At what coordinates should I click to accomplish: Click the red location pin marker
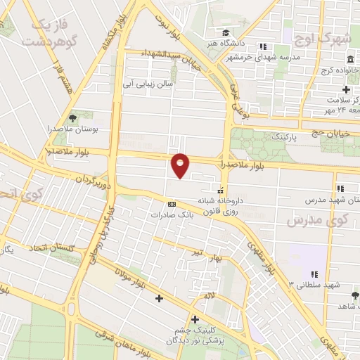pyautogui.click(x=181, y=165)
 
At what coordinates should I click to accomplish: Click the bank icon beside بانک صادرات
pyautogui.click(x=169, y=204)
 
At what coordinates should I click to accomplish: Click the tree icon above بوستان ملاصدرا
pyautogui.click(x=72, y=118)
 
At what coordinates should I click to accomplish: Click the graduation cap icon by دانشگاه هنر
pyautogui.click(x=225, y=32)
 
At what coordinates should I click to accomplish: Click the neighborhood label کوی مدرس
pyautogui.click(x=318, y=221)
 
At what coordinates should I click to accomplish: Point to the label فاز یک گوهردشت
pyautogui.click(x=48, y=33)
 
